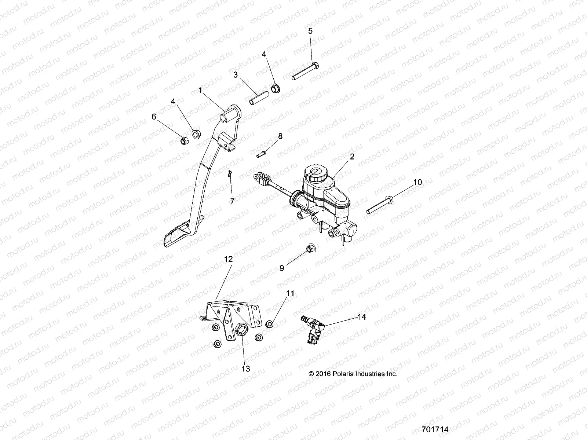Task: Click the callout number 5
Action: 310,31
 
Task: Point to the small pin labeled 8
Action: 271,154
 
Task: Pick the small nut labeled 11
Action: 270,324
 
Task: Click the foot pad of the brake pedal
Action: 178,238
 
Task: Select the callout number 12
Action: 228,259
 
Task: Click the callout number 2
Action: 352,157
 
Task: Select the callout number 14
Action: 362,316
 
